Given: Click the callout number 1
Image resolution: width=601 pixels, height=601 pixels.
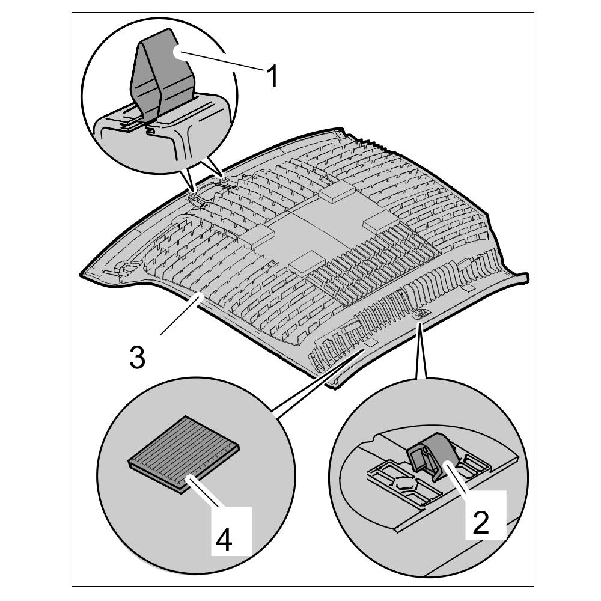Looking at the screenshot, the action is [x=272, y=77].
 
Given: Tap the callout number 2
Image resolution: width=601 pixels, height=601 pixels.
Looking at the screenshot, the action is [x=480, y=523].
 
